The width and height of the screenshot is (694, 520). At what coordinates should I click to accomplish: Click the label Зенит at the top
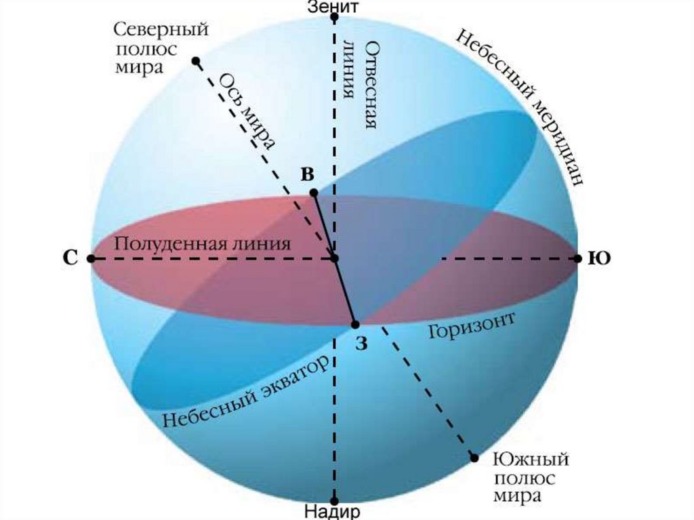(333, 7)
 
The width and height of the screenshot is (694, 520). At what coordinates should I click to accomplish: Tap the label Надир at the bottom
(333, 511)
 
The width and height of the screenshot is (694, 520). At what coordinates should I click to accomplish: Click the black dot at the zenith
(334, 17)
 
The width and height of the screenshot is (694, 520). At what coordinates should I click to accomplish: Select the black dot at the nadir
(334, 500)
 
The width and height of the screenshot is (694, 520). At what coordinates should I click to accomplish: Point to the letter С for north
(70, 258)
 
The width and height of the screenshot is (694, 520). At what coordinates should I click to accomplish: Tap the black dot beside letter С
(91, 258)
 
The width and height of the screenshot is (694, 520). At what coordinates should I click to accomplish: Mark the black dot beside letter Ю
(577, 258)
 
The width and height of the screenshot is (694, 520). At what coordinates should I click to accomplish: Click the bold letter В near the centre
(307, 174)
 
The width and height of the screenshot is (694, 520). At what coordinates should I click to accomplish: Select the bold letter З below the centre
(361, 344)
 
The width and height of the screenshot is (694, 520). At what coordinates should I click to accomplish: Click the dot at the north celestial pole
(196, 61)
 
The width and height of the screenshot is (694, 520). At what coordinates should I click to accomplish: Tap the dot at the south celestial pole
(474, 458)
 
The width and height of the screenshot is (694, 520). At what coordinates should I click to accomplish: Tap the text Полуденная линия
(203, 243)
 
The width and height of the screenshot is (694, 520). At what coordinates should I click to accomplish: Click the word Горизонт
(472, 328)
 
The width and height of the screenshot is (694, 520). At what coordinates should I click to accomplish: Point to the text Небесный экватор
(249, 390)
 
